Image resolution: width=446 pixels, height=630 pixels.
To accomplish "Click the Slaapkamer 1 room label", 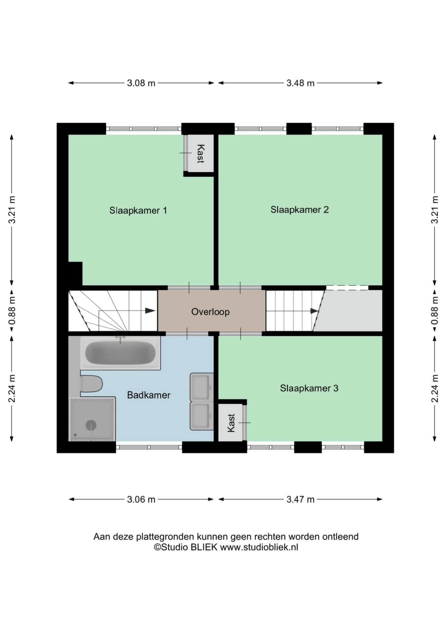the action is pos(138,210).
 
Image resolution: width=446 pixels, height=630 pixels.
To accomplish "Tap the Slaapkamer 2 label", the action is pos(300,210).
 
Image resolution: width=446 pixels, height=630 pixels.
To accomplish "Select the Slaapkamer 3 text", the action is pos(309,388).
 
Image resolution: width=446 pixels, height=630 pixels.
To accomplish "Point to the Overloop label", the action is pos(210,312).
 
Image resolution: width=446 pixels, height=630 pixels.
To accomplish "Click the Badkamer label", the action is pos(149,395).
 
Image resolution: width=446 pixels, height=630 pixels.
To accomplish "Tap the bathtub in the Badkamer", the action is pos(121,353).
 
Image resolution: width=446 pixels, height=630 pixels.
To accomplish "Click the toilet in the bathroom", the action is pos(91,384).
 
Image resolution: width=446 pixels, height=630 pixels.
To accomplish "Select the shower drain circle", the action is pos(91,425).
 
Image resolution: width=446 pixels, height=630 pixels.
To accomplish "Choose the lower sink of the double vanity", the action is pos(202,416).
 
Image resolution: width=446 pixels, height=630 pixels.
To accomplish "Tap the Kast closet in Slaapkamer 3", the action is pos(231,423).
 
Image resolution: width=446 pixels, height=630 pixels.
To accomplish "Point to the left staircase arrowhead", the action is pos(151,311).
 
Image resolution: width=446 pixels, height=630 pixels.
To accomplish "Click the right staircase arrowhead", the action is pos(314,311).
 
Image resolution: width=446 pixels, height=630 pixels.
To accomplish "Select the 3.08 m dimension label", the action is pos(141,83).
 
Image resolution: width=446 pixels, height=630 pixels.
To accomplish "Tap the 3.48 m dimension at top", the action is pos(300,83).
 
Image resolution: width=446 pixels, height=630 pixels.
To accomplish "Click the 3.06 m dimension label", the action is pos(141,499).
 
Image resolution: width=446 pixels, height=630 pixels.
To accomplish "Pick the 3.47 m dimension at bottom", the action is pos(300,499).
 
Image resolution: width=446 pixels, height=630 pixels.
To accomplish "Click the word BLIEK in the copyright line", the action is pos(204,547).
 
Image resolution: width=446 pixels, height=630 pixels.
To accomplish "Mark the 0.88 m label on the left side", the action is pos(12,310).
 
